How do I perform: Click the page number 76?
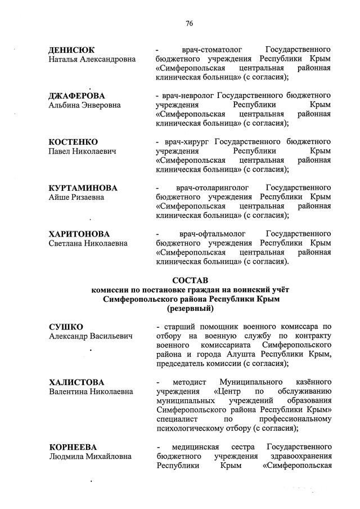pos(190,23)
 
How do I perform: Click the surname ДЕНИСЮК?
pos(71,50)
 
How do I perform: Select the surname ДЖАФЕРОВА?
pos(77,96)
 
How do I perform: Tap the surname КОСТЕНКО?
pos(74,141)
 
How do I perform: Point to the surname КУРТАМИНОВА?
pos(83,187)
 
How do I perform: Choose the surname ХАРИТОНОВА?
pos(79,234)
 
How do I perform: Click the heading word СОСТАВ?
pos(190,280)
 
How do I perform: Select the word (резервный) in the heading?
pos(190,309)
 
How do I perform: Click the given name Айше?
pos(59,197)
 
